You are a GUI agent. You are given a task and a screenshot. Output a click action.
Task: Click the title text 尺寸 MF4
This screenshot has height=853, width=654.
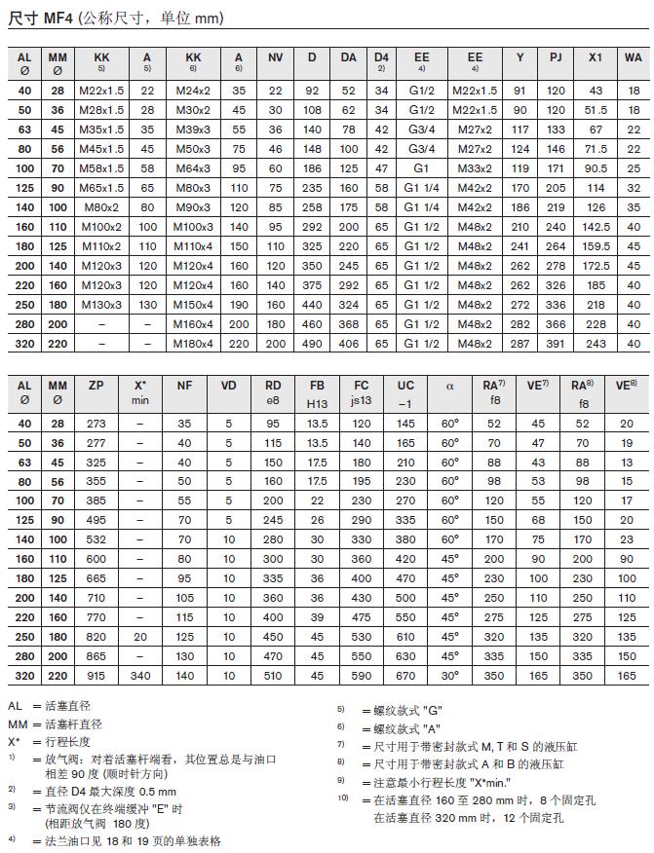coord(39,18)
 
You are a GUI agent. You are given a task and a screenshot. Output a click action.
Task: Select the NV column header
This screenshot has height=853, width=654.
coord(276,57)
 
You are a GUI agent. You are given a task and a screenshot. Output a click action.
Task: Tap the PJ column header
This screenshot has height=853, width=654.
coord(556,57)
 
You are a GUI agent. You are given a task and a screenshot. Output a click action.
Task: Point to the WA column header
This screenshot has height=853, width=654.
coord(634,57)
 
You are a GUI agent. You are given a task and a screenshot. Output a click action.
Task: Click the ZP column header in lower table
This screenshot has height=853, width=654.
coord(96,385)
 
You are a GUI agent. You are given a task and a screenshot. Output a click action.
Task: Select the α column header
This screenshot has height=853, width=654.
coord(449,386)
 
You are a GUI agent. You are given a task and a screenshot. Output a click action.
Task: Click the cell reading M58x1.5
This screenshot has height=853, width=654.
coord(101,167)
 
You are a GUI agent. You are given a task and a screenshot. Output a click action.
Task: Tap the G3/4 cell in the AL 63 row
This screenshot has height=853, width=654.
coord(421,129)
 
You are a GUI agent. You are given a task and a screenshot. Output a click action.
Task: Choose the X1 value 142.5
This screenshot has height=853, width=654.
coord(596,226)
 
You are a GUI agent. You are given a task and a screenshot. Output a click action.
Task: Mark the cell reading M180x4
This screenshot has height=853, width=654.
coord(193,343)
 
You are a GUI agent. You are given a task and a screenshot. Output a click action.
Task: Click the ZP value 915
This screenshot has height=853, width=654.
coord(96,676)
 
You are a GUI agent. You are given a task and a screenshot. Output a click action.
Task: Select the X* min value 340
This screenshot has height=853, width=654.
coord(139,676)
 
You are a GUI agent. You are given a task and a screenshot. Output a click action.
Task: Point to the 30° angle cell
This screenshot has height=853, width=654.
coord(449,676)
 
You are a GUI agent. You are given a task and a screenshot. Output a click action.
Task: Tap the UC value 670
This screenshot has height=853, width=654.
coord(405,676)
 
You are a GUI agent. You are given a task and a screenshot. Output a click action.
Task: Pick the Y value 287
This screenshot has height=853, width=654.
coord(519,343)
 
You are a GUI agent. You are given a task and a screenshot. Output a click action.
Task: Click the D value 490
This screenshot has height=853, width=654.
coord(313,343)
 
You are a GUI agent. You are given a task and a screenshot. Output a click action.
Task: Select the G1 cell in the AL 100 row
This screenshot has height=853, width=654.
coord(421,167)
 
